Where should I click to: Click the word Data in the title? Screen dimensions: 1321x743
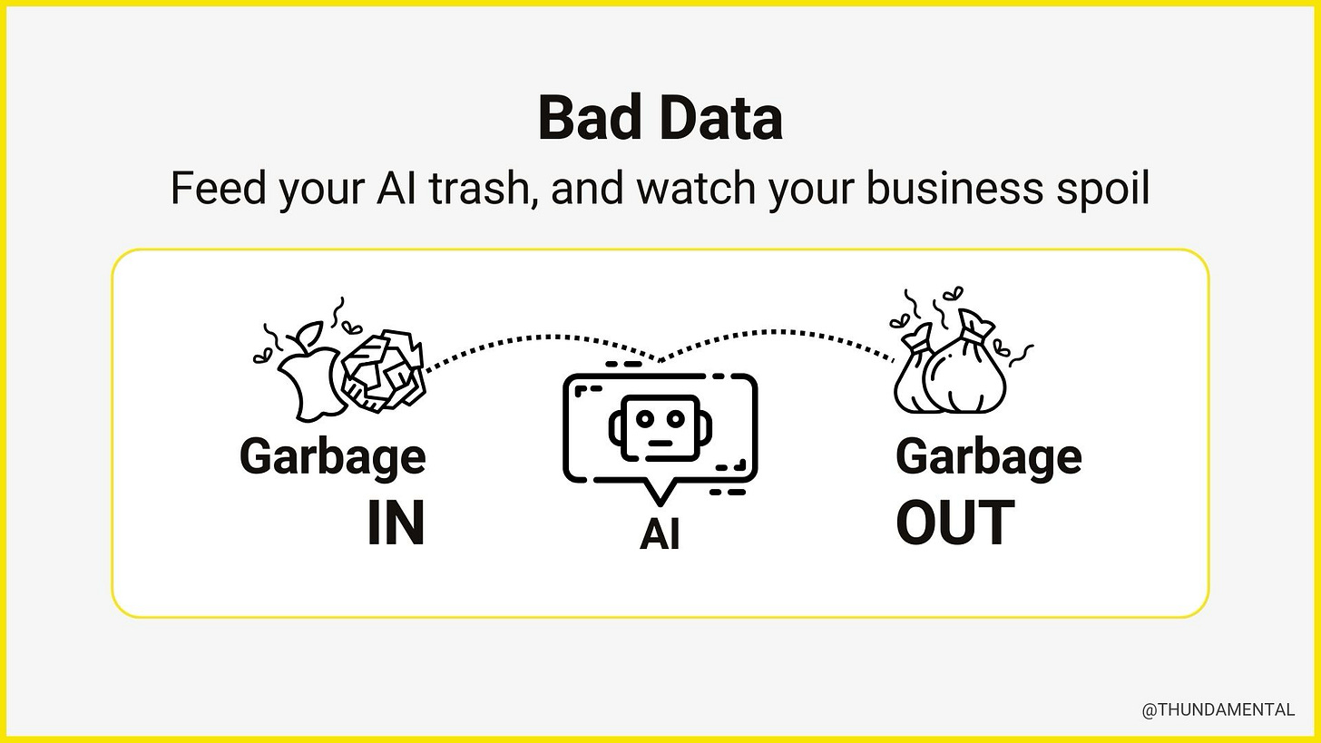click(720, 118)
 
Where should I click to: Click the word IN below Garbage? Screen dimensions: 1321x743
click(396, 523)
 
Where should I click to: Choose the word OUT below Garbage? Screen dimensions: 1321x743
click(954, 523)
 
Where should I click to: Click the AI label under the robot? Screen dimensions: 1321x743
click(660, 534)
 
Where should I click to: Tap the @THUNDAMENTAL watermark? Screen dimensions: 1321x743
click(1218, 710)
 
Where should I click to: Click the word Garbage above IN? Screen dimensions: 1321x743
click(332, 456)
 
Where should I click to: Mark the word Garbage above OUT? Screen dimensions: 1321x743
click(988, 456)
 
